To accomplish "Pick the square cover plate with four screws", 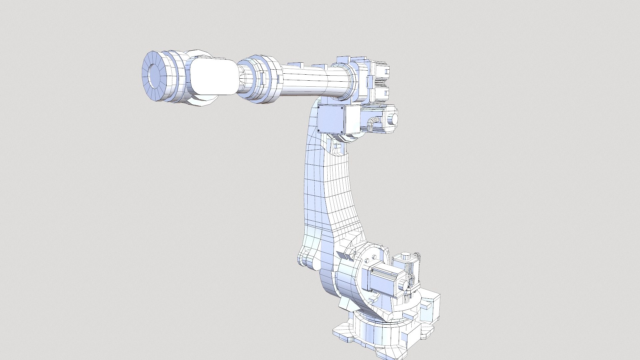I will click(331, 119).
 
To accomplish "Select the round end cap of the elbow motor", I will click(394, 119).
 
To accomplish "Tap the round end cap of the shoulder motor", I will click(404, 285).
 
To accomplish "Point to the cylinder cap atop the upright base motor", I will click(405, 256).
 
